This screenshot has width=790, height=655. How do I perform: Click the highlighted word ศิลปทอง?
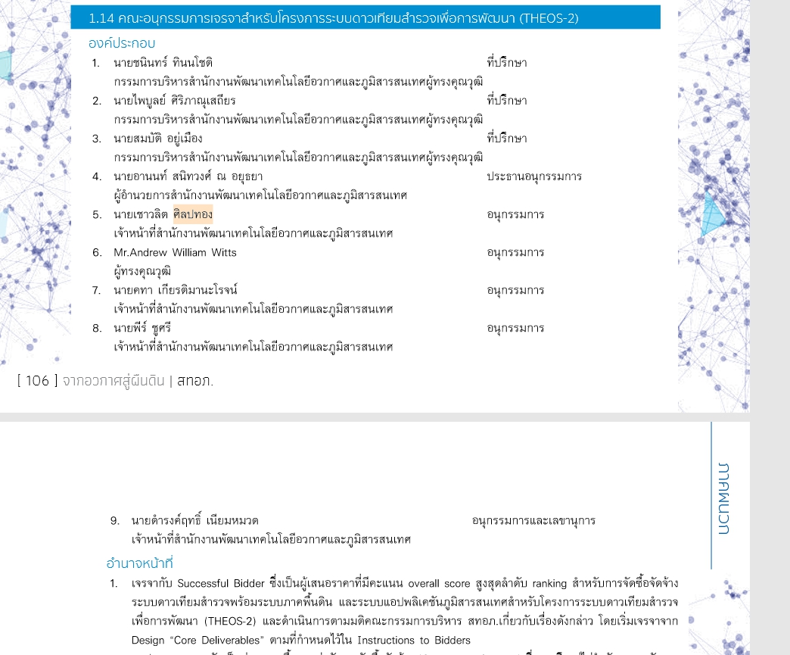(193, 215)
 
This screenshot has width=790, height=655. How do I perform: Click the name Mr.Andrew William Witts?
(175, 253)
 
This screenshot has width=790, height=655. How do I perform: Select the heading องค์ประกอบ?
(122, 44)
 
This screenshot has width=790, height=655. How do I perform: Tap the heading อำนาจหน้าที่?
(140, 563)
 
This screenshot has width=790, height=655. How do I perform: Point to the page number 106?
(37, 381)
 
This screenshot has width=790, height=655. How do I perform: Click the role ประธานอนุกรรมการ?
(534, 177)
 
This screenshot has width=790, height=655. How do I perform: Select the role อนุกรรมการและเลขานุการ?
(533, 521)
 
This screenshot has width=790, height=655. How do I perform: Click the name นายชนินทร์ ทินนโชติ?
(163, 63)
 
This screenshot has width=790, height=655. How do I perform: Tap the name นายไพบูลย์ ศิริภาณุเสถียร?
(174, 101)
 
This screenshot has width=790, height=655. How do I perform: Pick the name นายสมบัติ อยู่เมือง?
(158, 139)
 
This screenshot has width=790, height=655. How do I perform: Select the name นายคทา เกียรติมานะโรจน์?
(176, 291)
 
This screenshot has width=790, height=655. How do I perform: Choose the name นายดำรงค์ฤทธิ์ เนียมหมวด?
(195, 521)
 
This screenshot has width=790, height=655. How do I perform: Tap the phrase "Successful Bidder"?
(221, 584)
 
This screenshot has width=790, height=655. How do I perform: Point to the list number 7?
(97, 291)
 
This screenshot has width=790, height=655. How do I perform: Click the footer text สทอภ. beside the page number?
(195, 381)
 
